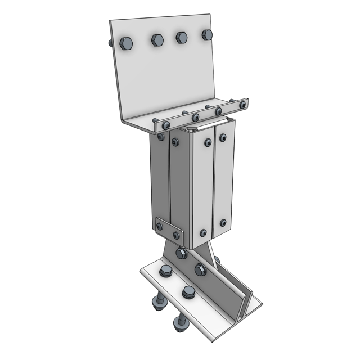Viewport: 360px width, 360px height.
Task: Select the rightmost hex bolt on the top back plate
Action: click(207, 35)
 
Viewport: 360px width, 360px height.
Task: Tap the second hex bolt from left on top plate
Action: click(157, 39)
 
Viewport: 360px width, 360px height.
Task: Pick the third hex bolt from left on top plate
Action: click(182, 37)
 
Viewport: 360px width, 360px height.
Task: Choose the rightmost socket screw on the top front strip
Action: click(243, 104)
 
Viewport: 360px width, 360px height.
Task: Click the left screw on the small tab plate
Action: click(160, 227)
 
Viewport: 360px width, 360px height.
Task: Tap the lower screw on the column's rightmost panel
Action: click(223, 223)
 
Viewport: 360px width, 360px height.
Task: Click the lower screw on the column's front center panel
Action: click(203, 231)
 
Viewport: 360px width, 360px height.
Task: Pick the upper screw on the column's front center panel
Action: click(207, 142)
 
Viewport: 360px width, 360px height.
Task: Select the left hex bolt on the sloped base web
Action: click(181, 253)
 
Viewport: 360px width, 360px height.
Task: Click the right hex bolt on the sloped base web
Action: click(201, 269)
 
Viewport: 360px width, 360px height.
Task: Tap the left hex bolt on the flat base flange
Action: click(165, 272)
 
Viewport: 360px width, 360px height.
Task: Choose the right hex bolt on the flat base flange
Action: click(188, 291)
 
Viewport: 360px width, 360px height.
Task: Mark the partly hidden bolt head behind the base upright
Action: click(215, 259)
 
